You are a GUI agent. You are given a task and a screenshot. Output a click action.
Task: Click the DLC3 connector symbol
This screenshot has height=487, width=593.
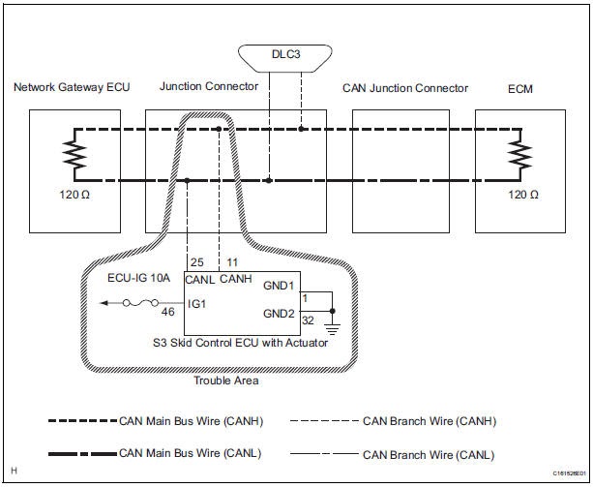[x=285, y=58]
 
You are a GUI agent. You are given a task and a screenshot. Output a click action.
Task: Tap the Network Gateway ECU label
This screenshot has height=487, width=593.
[x=72, y=87]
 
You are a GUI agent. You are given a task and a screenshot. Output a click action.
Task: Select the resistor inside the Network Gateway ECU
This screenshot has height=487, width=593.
[x=74, y=154]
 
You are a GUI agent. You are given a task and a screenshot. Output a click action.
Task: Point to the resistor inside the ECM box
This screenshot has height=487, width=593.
[x=520, y=154]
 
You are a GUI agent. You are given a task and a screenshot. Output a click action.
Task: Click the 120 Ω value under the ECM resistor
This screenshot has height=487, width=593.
[x=523, y=195]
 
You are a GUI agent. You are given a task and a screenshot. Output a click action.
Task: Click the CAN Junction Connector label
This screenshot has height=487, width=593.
[x=405, y=88]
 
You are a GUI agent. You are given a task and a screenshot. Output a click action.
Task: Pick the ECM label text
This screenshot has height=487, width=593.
[x=520, y=89]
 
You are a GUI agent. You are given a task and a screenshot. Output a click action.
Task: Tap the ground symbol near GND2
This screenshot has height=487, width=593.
[x=333, y=329]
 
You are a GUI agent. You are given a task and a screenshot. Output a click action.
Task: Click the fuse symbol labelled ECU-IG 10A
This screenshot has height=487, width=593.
[x=140, y=303]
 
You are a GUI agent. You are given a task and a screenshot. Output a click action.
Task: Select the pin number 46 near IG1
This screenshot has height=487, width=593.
[x=168, y=312]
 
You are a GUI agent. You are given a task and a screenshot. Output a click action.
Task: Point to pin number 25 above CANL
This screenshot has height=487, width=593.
[x=197, y=262]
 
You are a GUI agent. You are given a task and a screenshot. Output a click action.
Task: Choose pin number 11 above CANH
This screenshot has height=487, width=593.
[x=232, y=262]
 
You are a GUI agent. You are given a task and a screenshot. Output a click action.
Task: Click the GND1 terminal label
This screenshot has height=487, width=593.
[x=279, y=286]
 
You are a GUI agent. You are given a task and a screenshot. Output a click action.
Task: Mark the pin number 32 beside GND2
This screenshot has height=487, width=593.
[x=308, y=320]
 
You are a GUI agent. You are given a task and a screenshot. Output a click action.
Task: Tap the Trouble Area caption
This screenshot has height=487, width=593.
[x=226, y=380]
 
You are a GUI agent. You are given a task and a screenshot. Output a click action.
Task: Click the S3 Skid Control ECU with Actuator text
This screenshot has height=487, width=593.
[x=240, y=343]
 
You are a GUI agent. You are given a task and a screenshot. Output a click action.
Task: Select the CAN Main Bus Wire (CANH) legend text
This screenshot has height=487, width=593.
[x=191, y=421]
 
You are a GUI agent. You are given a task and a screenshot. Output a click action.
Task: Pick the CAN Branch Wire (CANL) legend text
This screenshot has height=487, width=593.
[x=429, y=455]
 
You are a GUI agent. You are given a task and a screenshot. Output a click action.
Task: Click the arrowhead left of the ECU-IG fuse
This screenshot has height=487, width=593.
[x=104, y=303]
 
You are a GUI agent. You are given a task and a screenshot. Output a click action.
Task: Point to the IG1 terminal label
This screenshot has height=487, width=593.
[x=196, y=304]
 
